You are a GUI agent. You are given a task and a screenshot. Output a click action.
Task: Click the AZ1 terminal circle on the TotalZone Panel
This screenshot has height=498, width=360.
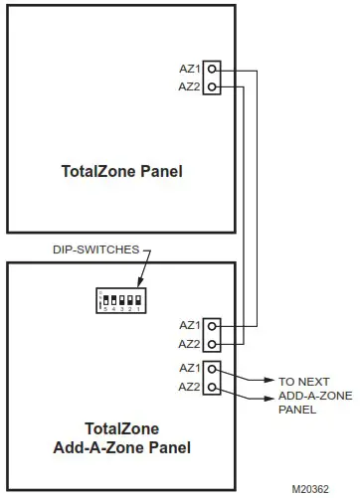click(x=214, y=72)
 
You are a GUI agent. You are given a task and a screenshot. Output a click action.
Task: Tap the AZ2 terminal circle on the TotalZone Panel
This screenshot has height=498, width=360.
click(x=214, y=87)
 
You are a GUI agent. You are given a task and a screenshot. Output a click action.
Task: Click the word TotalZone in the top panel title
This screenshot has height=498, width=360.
click(x=100, y=171)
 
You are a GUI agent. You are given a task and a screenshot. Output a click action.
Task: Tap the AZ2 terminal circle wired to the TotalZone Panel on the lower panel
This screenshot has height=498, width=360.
click(x=214, y=343)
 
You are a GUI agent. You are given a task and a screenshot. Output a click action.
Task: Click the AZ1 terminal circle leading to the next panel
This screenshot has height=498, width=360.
click(x=214, y=370)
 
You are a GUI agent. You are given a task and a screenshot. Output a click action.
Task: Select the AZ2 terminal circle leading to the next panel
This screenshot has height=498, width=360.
click(x=214, y=386)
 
